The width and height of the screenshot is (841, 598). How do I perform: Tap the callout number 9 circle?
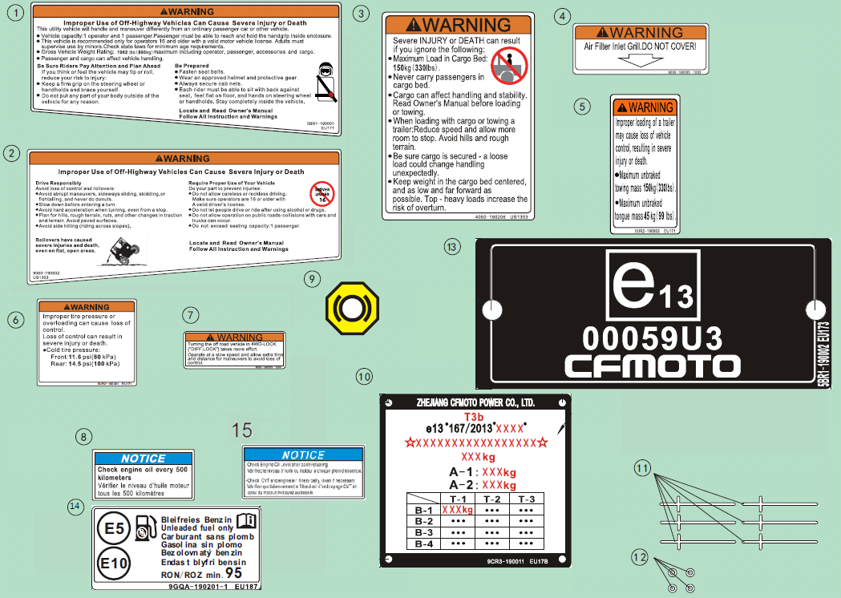313,279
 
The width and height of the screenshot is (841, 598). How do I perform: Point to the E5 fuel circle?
115,529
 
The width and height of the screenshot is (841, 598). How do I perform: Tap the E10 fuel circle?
115,564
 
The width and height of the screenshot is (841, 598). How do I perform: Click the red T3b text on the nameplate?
475,417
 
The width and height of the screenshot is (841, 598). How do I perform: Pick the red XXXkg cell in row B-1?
457,510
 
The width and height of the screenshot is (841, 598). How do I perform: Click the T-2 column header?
493,498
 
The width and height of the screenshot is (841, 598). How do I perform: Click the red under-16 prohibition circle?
321,193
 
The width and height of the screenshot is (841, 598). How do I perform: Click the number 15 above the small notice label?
241,430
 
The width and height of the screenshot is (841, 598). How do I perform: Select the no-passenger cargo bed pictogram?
507,64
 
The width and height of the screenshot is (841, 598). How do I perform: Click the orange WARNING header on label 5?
644,107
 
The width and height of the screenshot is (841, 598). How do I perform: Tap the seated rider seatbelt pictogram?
324,83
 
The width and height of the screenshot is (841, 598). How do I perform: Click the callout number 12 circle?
639,556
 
